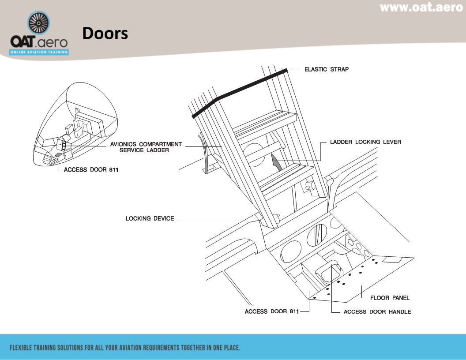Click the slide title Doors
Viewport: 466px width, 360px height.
click(105, 33)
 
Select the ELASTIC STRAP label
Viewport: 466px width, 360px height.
click(326, 69)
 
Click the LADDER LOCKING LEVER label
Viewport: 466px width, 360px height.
click(365, 142)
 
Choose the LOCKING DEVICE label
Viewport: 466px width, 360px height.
click(150, 218)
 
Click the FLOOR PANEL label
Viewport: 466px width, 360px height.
click(390, 298)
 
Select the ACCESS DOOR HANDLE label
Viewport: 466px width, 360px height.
click(377, 311)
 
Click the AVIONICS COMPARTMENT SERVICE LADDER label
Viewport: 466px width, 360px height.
click(146, 147)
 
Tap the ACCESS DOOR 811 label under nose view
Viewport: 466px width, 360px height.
click(91, 170)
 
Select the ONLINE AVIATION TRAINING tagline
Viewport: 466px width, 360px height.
click(39, 52)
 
